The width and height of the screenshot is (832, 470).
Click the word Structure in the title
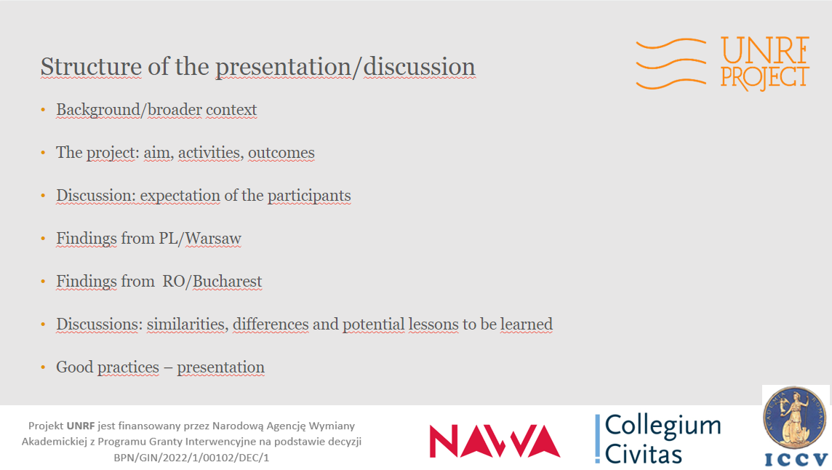[91, 66]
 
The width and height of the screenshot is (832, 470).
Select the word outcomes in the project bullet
[281, 153]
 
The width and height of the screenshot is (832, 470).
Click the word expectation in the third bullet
[180, 196]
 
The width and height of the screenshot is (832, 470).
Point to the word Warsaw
[213, 239]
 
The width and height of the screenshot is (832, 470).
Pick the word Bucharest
[227, 282]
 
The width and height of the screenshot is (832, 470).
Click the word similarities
[188, 324]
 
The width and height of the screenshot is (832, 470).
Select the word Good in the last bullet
[74, 367]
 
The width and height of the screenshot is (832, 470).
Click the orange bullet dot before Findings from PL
[43, 239]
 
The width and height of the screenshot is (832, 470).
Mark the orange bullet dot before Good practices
[43, 367]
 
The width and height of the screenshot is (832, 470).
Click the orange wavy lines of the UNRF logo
[671, 64]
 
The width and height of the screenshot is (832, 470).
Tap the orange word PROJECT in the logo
[764, 78]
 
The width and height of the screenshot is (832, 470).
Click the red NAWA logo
[495, 441]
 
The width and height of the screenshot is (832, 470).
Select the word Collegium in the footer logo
[663, 426]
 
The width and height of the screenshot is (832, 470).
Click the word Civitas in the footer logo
[643, 454]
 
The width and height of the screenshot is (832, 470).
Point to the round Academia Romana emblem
[794, 418]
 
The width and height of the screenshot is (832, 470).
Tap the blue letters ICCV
[796, 459]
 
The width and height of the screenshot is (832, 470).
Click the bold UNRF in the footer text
[81, 426]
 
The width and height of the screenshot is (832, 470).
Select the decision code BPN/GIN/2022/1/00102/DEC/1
[191, 457]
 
